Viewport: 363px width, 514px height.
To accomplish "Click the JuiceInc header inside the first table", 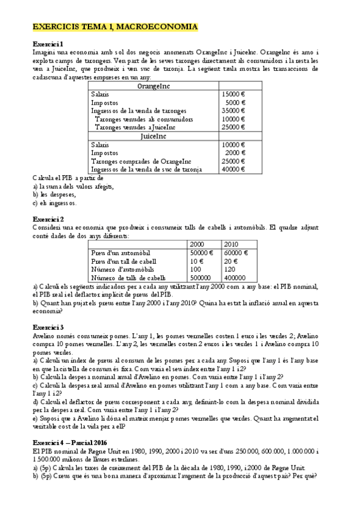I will [x=153, y=136].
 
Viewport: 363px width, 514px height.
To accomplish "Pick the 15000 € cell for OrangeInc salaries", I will [x=233, y=95].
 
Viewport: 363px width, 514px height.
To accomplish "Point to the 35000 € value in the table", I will [x=233, y=111].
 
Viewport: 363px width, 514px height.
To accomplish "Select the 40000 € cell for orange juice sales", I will [x=233, y=169].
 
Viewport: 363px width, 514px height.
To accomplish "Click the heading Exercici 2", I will [x=48, y=218].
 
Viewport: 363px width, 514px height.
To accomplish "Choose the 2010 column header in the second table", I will [x=232, y=244].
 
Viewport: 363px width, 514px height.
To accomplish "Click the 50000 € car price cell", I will [x=201, y=253].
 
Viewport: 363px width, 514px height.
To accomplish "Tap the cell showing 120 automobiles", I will [x=230, y=269].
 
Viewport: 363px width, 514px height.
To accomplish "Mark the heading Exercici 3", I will [x=48, y=327].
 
